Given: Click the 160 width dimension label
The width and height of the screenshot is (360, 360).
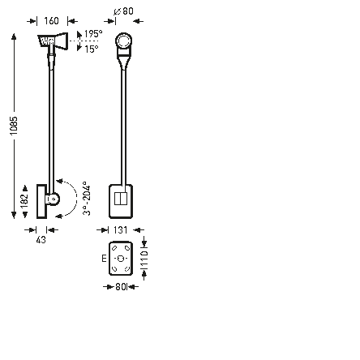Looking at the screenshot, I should coord(51,22).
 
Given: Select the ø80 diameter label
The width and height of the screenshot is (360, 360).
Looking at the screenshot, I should coord(124,11).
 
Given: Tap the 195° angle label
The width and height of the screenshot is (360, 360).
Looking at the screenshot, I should coord(94,35).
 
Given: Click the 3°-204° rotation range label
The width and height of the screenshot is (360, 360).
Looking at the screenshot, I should coord(87,198).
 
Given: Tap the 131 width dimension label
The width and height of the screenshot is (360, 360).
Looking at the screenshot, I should coord(121,230).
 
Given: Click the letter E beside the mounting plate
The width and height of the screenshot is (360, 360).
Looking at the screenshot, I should coord(104,259).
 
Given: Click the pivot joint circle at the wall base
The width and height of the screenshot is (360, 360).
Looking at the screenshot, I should coord(54,199).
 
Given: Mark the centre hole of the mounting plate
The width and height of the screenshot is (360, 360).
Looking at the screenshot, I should coord(121,259).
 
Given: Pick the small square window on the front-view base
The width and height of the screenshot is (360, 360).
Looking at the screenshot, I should coord(121,198).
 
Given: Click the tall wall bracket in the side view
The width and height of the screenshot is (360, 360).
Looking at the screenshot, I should coord(42,199).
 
